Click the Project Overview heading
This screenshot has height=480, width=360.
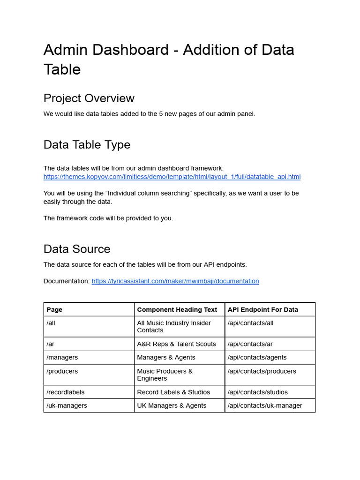pos(89,98)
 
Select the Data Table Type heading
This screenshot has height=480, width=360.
pos(87,145)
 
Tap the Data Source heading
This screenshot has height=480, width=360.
pos(77,249)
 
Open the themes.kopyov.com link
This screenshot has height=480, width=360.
pos(172,177)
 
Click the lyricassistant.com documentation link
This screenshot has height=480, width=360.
pos(175,281)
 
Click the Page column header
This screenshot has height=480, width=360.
pos(54,309)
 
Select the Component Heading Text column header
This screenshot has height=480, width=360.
pos(177,309)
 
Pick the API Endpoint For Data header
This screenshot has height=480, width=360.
pos(262,309)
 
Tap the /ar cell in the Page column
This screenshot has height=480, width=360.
pos(51,344)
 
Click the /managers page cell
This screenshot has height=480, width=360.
pos(62,358)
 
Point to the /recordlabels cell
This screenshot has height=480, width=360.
pos(65,392)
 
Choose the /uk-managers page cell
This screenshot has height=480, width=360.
pos(67,406)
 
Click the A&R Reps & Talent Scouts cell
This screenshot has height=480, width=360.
pos(176,344)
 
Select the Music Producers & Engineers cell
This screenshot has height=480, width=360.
pos(165,375)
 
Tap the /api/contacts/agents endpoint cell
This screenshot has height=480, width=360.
pos(257,358)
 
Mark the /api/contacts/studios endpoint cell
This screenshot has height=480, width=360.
pos(258,392)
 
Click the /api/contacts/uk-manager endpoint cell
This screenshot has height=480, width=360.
pos(265,406)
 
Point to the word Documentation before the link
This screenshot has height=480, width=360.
pos(66,281)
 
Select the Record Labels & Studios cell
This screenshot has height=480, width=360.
pos(173,392)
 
